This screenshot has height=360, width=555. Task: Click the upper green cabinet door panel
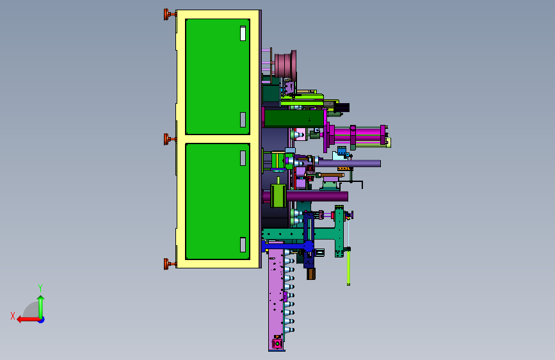point(218,76)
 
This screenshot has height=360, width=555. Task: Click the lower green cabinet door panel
point(218,201)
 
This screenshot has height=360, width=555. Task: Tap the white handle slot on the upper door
point(243,33)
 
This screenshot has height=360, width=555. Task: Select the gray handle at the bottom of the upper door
point(243,120)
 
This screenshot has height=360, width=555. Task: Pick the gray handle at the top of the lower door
point(243,158)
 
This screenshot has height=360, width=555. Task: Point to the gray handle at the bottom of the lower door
point(243,245)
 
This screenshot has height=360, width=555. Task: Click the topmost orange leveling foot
point(170,15)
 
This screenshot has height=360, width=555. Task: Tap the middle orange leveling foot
point(170,139)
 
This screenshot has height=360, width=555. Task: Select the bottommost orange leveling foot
point(170,264)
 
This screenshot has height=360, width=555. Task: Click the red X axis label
point(13,316)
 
